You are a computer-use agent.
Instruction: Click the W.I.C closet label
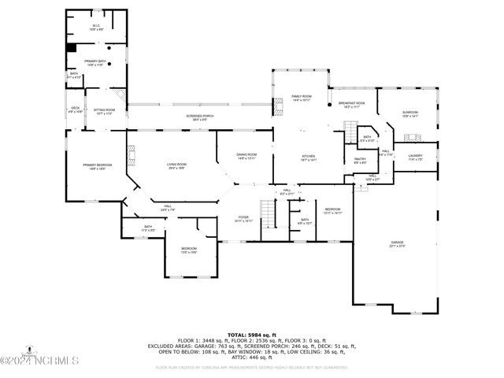[95, 27]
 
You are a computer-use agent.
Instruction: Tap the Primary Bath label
[96, 63]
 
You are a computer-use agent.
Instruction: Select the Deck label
[76, 109]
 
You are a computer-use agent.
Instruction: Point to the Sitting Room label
[104, 112]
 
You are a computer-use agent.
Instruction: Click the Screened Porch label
[200, 117]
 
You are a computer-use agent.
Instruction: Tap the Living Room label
[176, 166]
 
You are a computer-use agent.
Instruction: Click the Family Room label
[302, 98]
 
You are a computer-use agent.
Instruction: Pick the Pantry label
[360, 161]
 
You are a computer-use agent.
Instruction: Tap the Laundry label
[415, 157]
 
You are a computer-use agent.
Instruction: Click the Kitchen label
[308, 158]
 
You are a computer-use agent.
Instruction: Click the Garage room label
[397, 244]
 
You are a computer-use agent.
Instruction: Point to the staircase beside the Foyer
[271, 214]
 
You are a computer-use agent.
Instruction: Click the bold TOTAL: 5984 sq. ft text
[251, 335]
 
